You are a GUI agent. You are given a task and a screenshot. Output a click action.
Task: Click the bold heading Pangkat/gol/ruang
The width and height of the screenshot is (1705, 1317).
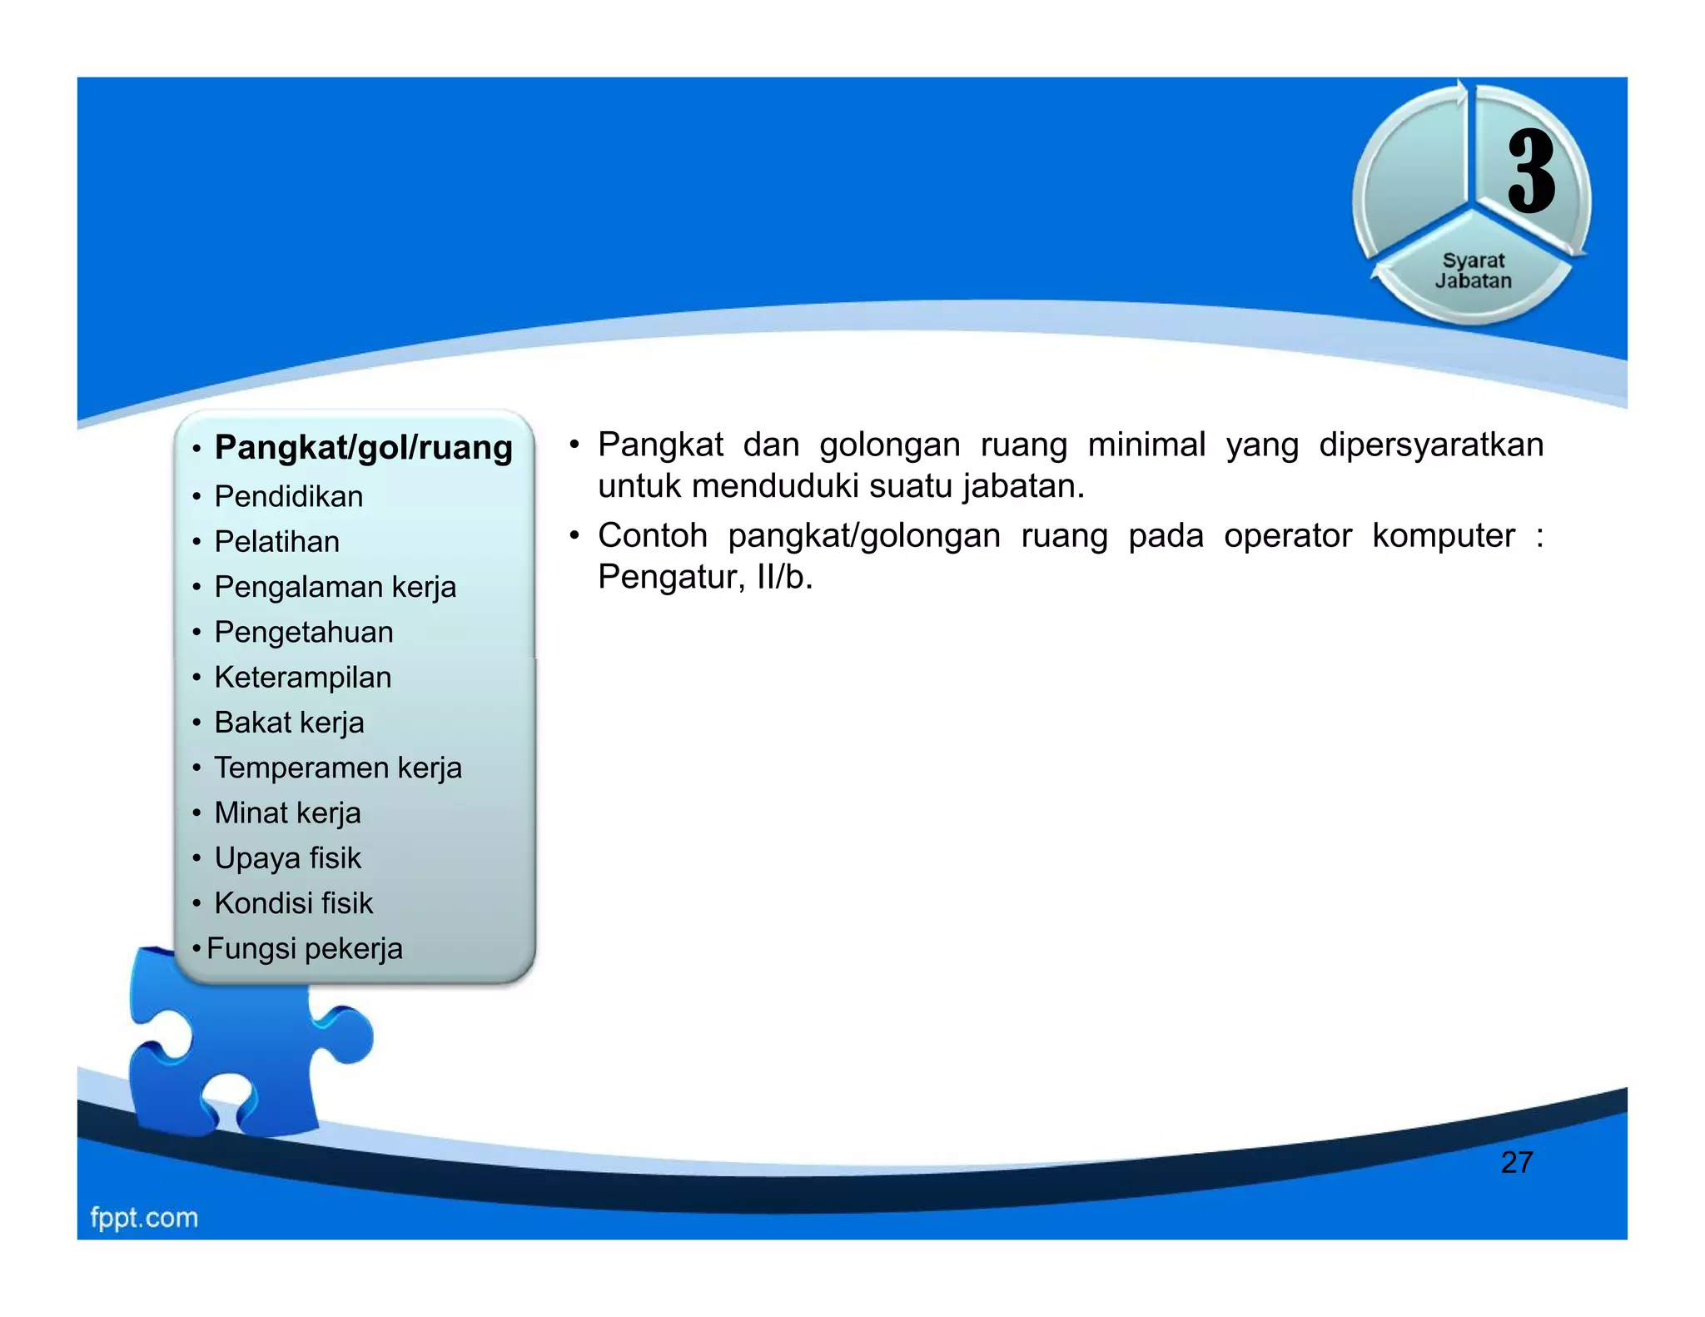363,448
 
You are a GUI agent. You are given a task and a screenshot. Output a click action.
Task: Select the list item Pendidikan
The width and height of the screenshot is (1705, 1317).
288,497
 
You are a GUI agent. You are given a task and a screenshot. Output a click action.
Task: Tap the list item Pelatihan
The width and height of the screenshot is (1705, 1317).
276,542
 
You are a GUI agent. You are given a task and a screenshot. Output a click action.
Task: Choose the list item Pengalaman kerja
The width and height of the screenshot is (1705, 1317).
335,587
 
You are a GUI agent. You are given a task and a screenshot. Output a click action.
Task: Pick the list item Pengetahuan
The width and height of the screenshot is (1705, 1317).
303,633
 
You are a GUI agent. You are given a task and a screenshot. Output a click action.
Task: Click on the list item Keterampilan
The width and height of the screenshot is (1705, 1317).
302,678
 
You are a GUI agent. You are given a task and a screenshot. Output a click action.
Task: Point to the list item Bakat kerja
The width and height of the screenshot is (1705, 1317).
289,723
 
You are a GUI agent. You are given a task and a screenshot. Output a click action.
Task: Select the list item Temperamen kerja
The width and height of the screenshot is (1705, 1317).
337,768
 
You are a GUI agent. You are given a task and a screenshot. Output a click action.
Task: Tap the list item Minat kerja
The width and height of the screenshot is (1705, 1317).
287,813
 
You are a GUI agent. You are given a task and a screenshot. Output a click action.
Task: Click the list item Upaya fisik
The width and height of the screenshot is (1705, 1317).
287,858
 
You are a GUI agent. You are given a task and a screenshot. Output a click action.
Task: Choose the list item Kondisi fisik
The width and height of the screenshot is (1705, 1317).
293,903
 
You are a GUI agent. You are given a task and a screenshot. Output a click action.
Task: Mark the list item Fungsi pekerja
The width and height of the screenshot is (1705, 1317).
304,949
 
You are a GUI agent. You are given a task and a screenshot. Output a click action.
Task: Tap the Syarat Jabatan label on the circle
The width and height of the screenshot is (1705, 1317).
1473,271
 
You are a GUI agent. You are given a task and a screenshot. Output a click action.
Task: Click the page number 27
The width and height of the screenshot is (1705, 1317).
1516,1162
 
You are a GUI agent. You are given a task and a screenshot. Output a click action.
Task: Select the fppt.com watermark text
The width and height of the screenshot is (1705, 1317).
144,1218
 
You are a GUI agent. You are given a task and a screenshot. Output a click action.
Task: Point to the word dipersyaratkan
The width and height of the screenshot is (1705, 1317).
1430,445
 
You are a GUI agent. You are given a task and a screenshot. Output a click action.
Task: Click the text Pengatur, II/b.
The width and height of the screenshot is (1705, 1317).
704,577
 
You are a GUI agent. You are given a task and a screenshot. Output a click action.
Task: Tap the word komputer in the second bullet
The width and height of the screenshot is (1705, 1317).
1443,536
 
